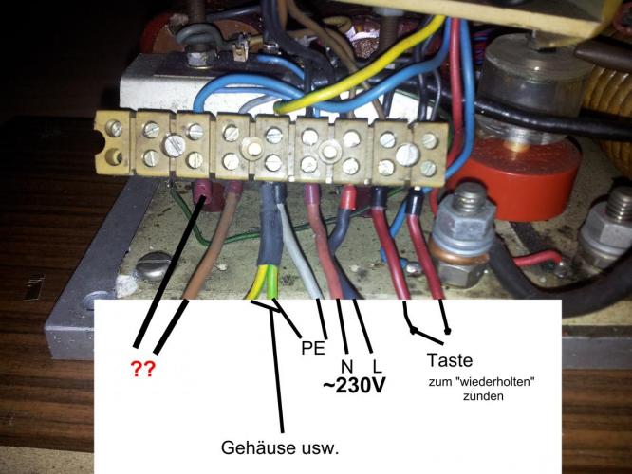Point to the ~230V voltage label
pos(354,389)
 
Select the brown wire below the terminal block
pos(199,265)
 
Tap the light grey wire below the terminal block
pos(302,265)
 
